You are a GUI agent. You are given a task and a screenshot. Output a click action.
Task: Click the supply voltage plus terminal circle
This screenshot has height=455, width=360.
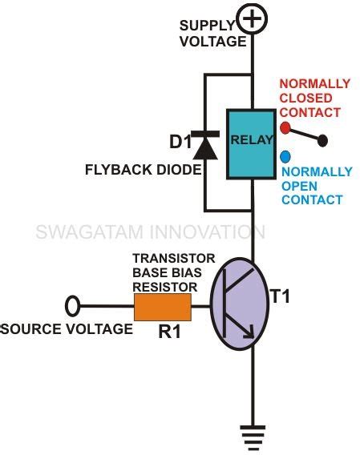click(x=253, y=19)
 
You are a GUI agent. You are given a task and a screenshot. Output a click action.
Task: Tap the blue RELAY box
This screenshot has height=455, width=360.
click(x=252, y=145)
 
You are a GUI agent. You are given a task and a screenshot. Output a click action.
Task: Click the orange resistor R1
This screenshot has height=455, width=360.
click(x=164, y=305)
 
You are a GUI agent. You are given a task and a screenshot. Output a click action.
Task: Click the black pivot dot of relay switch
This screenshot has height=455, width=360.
click(x=322, y=141)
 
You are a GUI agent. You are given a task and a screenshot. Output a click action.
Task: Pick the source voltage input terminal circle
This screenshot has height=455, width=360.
click(x=72, y=305)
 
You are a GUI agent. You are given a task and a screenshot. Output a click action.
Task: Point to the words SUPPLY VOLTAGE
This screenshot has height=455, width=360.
click(x=212, y=31)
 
